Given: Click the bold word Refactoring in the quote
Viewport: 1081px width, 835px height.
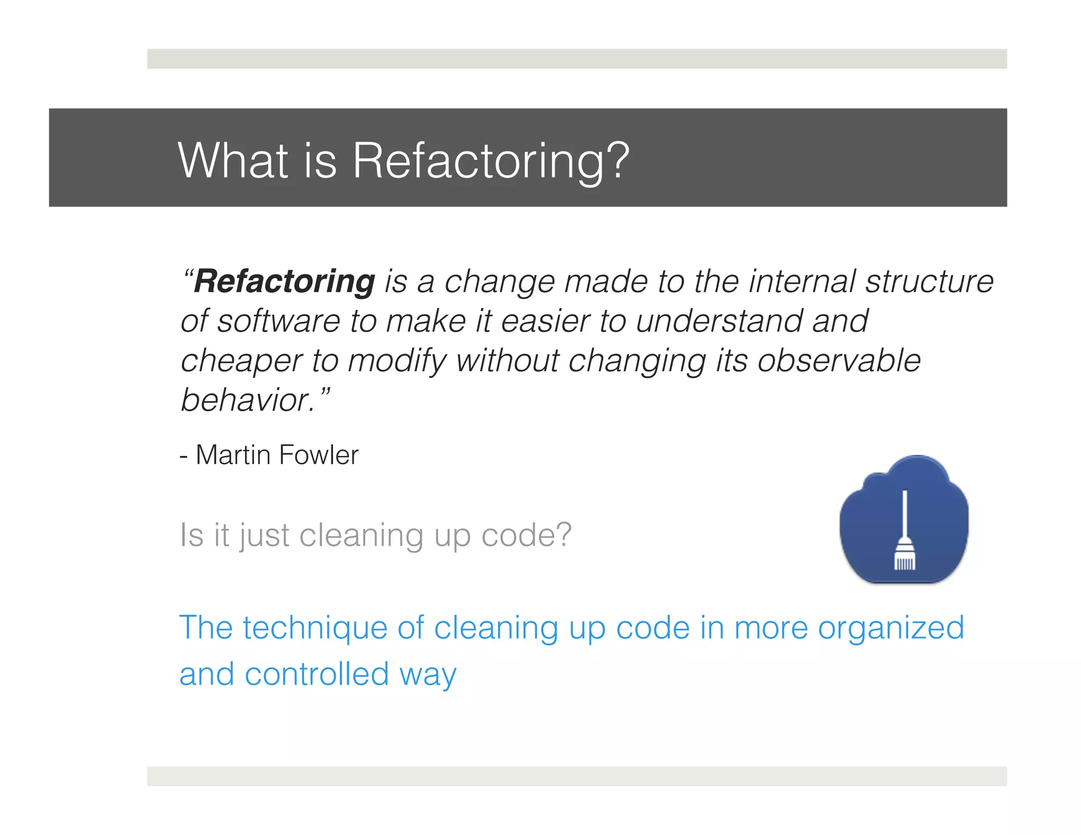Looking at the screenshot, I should [285, 281].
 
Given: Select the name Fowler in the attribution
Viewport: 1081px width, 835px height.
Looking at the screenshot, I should [318, 455].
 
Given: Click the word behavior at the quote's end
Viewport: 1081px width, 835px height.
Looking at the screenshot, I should [248, 400].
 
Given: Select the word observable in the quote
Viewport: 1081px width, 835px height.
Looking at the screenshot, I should [839, 360].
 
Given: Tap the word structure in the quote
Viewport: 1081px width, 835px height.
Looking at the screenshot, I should [929, 281].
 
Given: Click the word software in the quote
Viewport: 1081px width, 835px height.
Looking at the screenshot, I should [279, 321].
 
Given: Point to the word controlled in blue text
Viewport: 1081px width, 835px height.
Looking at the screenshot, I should [317, 674].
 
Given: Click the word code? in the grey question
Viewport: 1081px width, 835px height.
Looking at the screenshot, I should [526, 535].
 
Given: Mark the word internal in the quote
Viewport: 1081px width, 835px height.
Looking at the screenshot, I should [802, 281].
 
